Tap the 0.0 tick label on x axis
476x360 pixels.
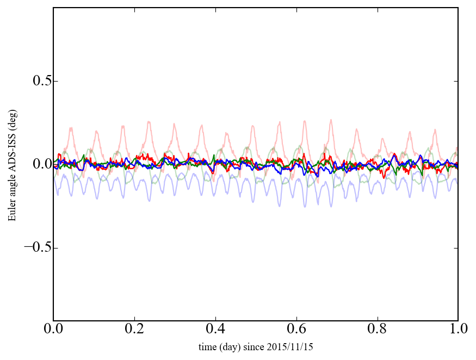pyautogui.click(x=53, y=330)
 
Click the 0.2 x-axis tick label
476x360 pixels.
pyautogui.click(x=134, y=330)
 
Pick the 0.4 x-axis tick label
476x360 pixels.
pyautogui.click(x=215, y=330)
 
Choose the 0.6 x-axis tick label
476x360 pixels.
pyautogui.click(x=296, y=330)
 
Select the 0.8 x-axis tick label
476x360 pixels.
pyautogui.click(x=377, y=330)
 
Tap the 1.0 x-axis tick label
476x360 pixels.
pyautogui.click(x=458, y=330)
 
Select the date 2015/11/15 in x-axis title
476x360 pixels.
pyautogui.click(x=294, y=346)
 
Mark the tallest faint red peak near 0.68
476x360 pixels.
pyautogui.click(x=331, y=120)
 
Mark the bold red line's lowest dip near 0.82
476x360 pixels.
pyautogui.click(x=384, y=178)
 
